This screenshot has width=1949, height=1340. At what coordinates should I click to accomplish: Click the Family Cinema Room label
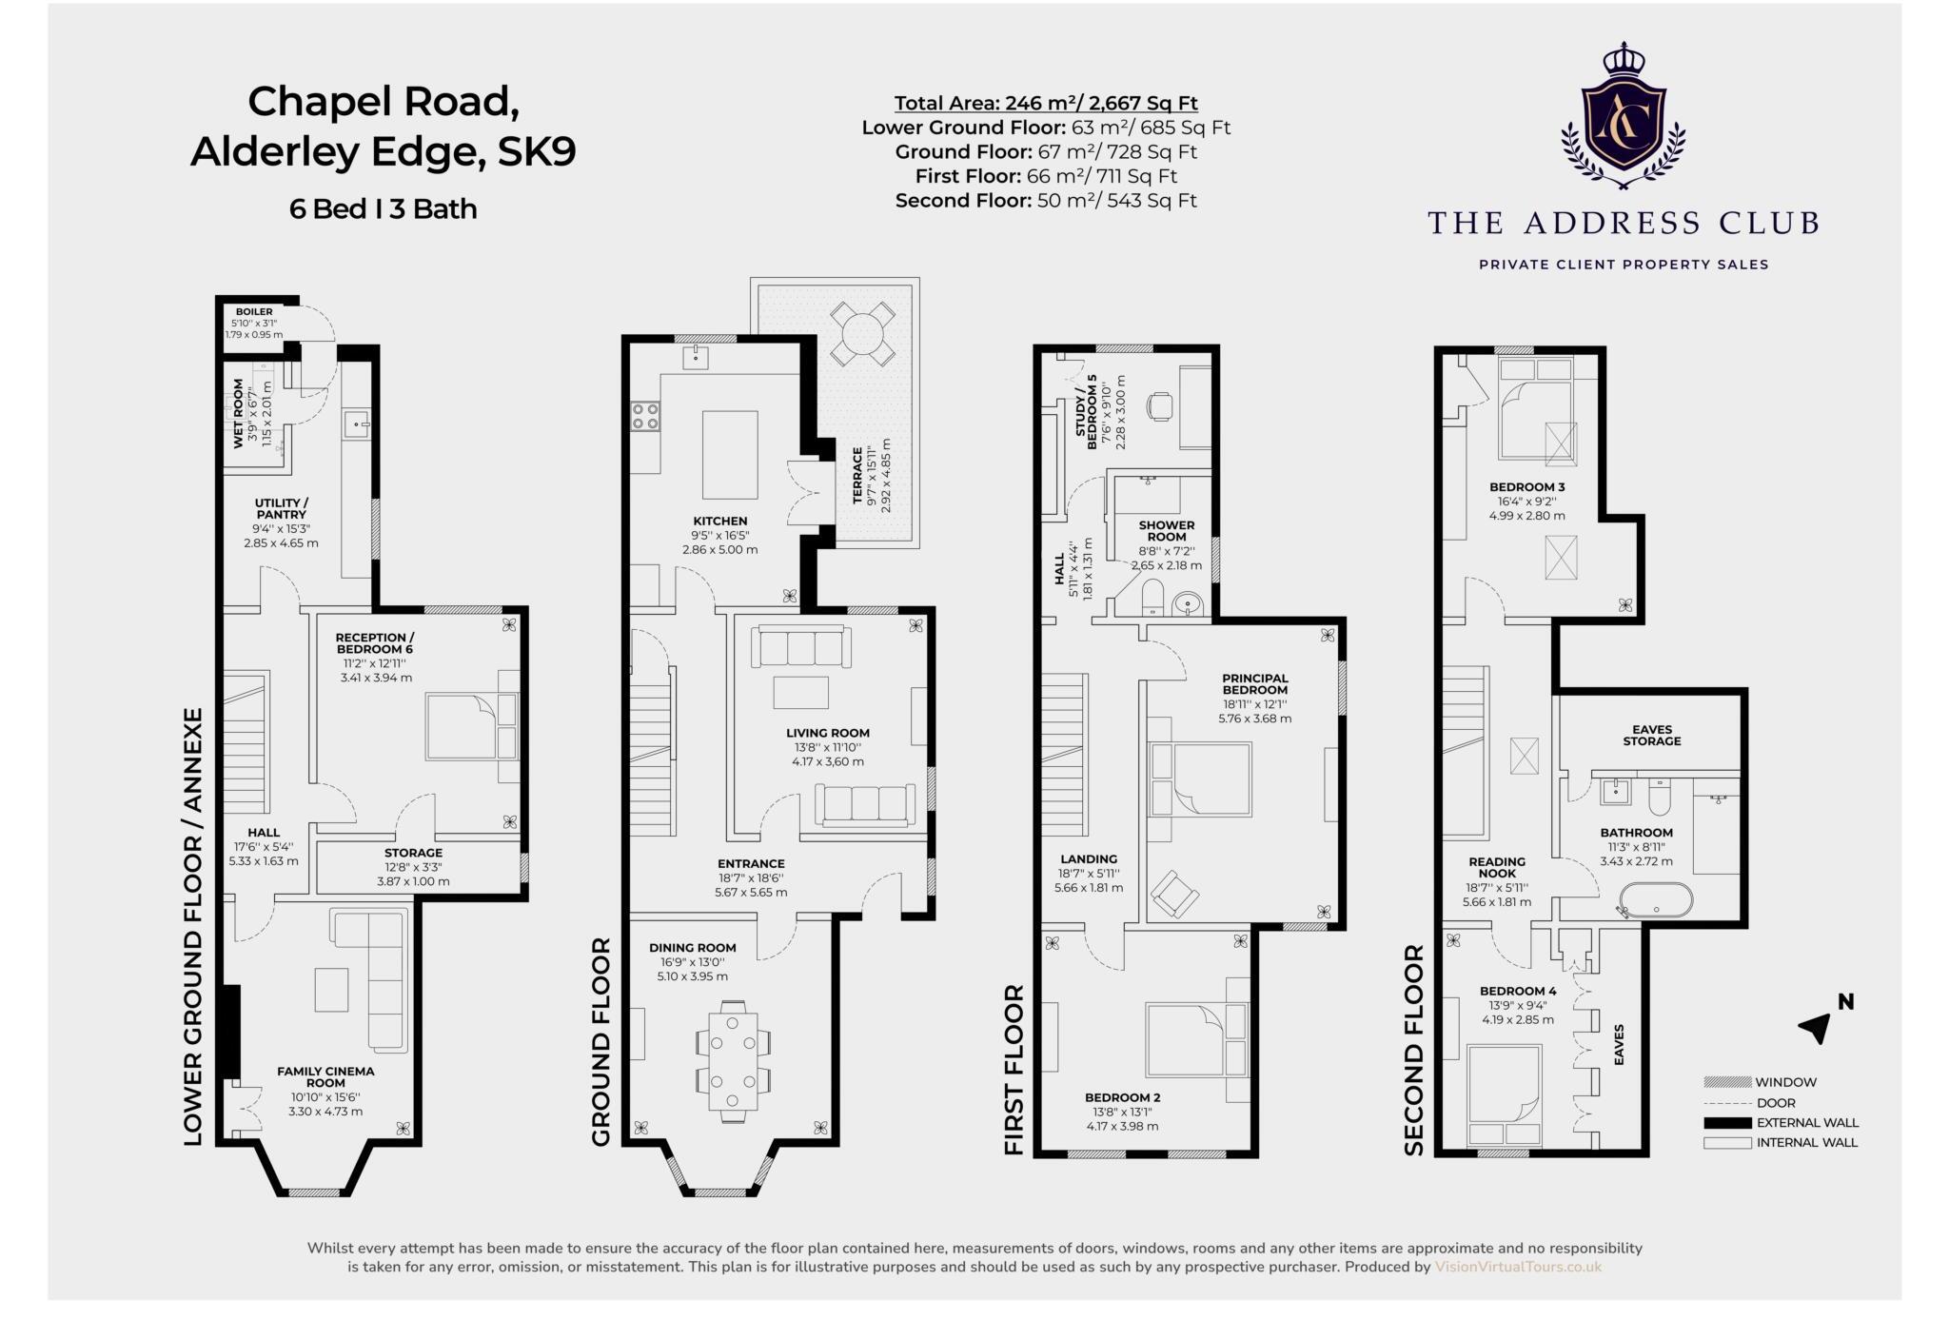click(325, 1076)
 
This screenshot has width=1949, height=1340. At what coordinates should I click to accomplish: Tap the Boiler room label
click(254, 311)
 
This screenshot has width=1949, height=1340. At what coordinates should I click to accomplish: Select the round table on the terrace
click(862, 334)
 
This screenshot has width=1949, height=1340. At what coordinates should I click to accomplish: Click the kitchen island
click(730, 455)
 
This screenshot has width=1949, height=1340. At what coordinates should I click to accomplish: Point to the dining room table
click(733, 1061)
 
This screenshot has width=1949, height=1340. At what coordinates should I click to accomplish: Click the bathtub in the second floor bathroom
click(1656, 900)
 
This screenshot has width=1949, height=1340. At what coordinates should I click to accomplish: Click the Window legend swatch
click(1727, 1082)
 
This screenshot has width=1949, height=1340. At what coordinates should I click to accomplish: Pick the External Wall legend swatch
click(1727, 1123)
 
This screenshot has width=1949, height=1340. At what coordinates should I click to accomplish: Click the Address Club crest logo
click(1623, 116)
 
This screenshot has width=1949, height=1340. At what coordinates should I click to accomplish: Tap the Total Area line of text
click(1046, 103)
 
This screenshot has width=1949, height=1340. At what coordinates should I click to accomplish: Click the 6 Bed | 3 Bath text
click(383, 208)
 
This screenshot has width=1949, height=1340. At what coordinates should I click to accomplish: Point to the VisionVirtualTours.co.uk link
click(1518, 1267)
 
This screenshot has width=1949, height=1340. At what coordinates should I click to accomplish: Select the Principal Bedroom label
click(1254, 684)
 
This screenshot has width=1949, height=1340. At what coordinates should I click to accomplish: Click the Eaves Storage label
click(1651, 735)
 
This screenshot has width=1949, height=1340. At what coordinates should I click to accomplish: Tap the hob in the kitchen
click(645, 416)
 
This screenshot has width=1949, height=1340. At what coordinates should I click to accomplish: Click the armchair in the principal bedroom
click(1174, 893)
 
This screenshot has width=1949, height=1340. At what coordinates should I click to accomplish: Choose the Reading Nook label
click(1497, 867)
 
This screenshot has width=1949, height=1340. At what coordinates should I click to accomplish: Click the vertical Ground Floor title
click(600, 1041)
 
